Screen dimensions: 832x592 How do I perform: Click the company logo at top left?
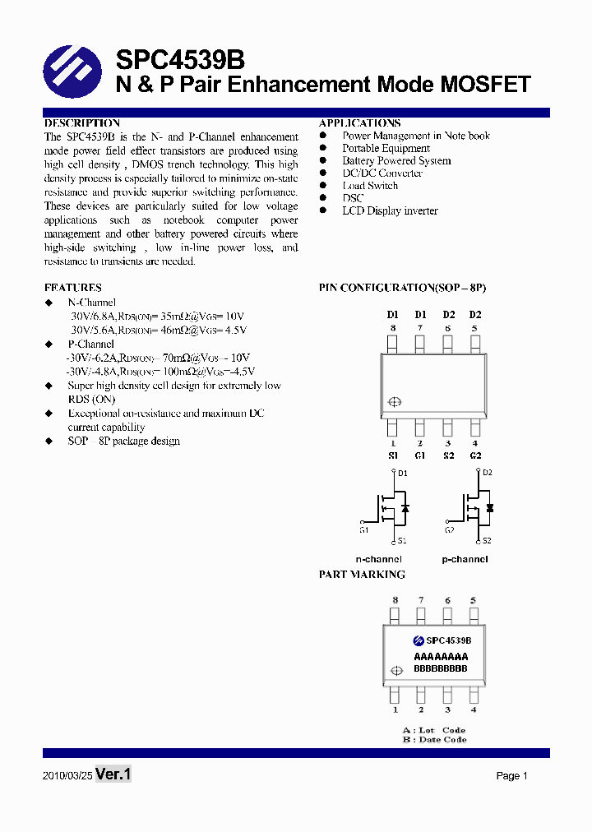[72, 71]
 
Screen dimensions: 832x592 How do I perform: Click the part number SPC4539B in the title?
[179, 60]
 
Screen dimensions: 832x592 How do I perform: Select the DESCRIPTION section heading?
[82, 123]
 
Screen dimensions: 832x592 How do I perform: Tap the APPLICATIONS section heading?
[359, 123]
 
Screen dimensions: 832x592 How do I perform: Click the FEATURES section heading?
[73, 288]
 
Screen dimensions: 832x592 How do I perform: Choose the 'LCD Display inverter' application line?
[390, 210]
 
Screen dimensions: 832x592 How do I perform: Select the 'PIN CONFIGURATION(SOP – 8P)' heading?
[402, 288]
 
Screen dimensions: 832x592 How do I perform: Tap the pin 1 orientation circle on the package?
[394, 402]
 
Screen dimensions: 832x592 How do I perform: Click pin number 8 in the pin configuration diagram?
[393, 328]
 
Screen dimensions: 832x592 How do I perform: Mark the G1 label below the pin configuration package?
[420, 455]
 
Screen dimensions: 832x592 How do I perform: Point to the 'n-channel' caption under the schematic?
[378, 559]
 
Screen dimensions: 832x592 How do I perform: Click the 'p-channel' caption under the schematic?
[465, 559]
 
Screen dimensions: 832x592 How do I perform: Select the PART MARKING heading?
[362, 575]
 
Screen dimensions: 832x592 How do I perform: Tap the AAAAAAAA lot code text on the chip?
[441, 657]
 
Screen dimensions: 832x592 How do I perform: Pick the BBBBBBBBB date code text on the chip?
[441, 668]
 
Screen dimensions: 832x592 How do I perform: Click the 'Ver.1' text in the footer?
[113, 774]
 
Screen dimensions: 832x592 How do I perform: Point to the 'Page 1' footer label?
[511, 776]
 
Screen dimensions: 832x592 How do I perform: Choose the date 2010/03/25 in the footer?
[67, 776]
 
